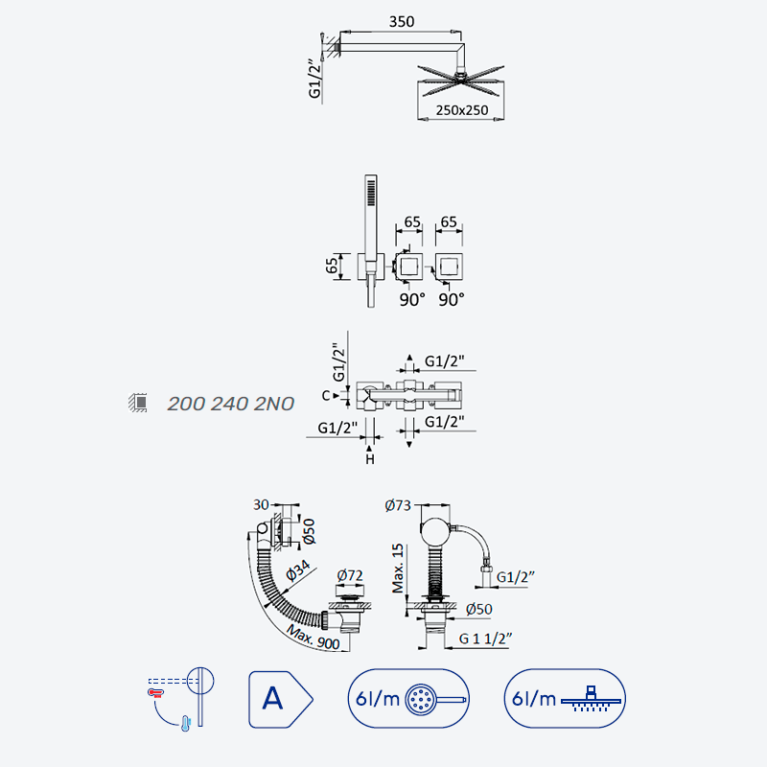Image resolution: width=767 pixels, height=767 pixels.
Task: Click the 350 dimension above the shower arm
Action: pos(401,21)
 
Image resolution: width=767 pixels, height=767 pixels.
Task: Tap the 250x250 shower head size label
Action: pos(462,110)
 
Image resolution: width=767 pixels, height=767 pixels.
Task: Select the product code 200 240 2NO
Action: pos(230,404)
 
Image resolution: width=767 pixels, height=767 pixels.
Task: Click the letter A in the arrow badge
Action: pos(272,698)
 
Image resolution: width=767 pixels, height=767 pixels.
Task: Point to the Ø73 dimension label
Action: pos(398,505)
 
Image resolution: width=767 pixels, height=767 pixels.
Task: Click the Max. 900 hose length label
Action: pos(314,638)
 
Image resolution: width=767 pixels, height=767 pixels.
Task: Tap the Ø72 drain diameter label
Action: pos(350,575)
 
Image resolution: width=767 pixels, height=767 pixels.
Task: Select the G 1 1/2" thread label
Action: pos(485,639)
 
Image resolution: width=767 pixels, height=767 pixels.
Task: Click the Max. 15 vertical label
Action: pos(398,568)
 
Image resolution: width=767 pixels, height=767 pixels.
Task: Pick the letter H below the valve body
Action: pos(370,459)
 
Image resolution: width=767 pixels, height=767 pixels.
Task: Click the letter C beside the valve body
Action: pos(326,395)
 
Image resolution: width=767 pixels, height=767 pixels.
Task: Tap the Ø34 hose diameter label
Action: pos(298,569)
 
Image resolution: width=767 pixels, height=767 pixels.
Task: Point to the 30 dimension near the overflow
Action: pos(261,504)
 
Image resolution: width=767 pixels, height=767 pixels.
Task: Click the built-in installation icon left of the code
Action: pos(138,403)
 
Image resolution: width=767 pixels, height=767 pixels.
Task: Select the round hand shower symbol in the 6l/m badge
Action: pos(421,699)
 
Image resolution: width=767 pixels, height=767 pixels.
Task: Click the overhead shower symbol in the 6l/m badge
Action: pos(591,699)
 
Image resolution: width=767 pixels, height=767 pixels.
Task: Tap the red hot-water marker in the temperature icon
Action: pos(155,692)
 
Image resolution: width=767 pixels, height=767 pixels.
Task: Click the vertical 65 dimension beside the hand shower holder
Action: pos(332,267)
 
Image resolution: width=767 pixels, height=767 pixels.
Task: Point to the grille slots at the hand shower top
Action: pos(371,193)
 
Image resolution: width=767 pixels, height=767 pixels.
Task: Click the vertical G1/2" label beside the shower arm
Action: pos(315,79)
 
